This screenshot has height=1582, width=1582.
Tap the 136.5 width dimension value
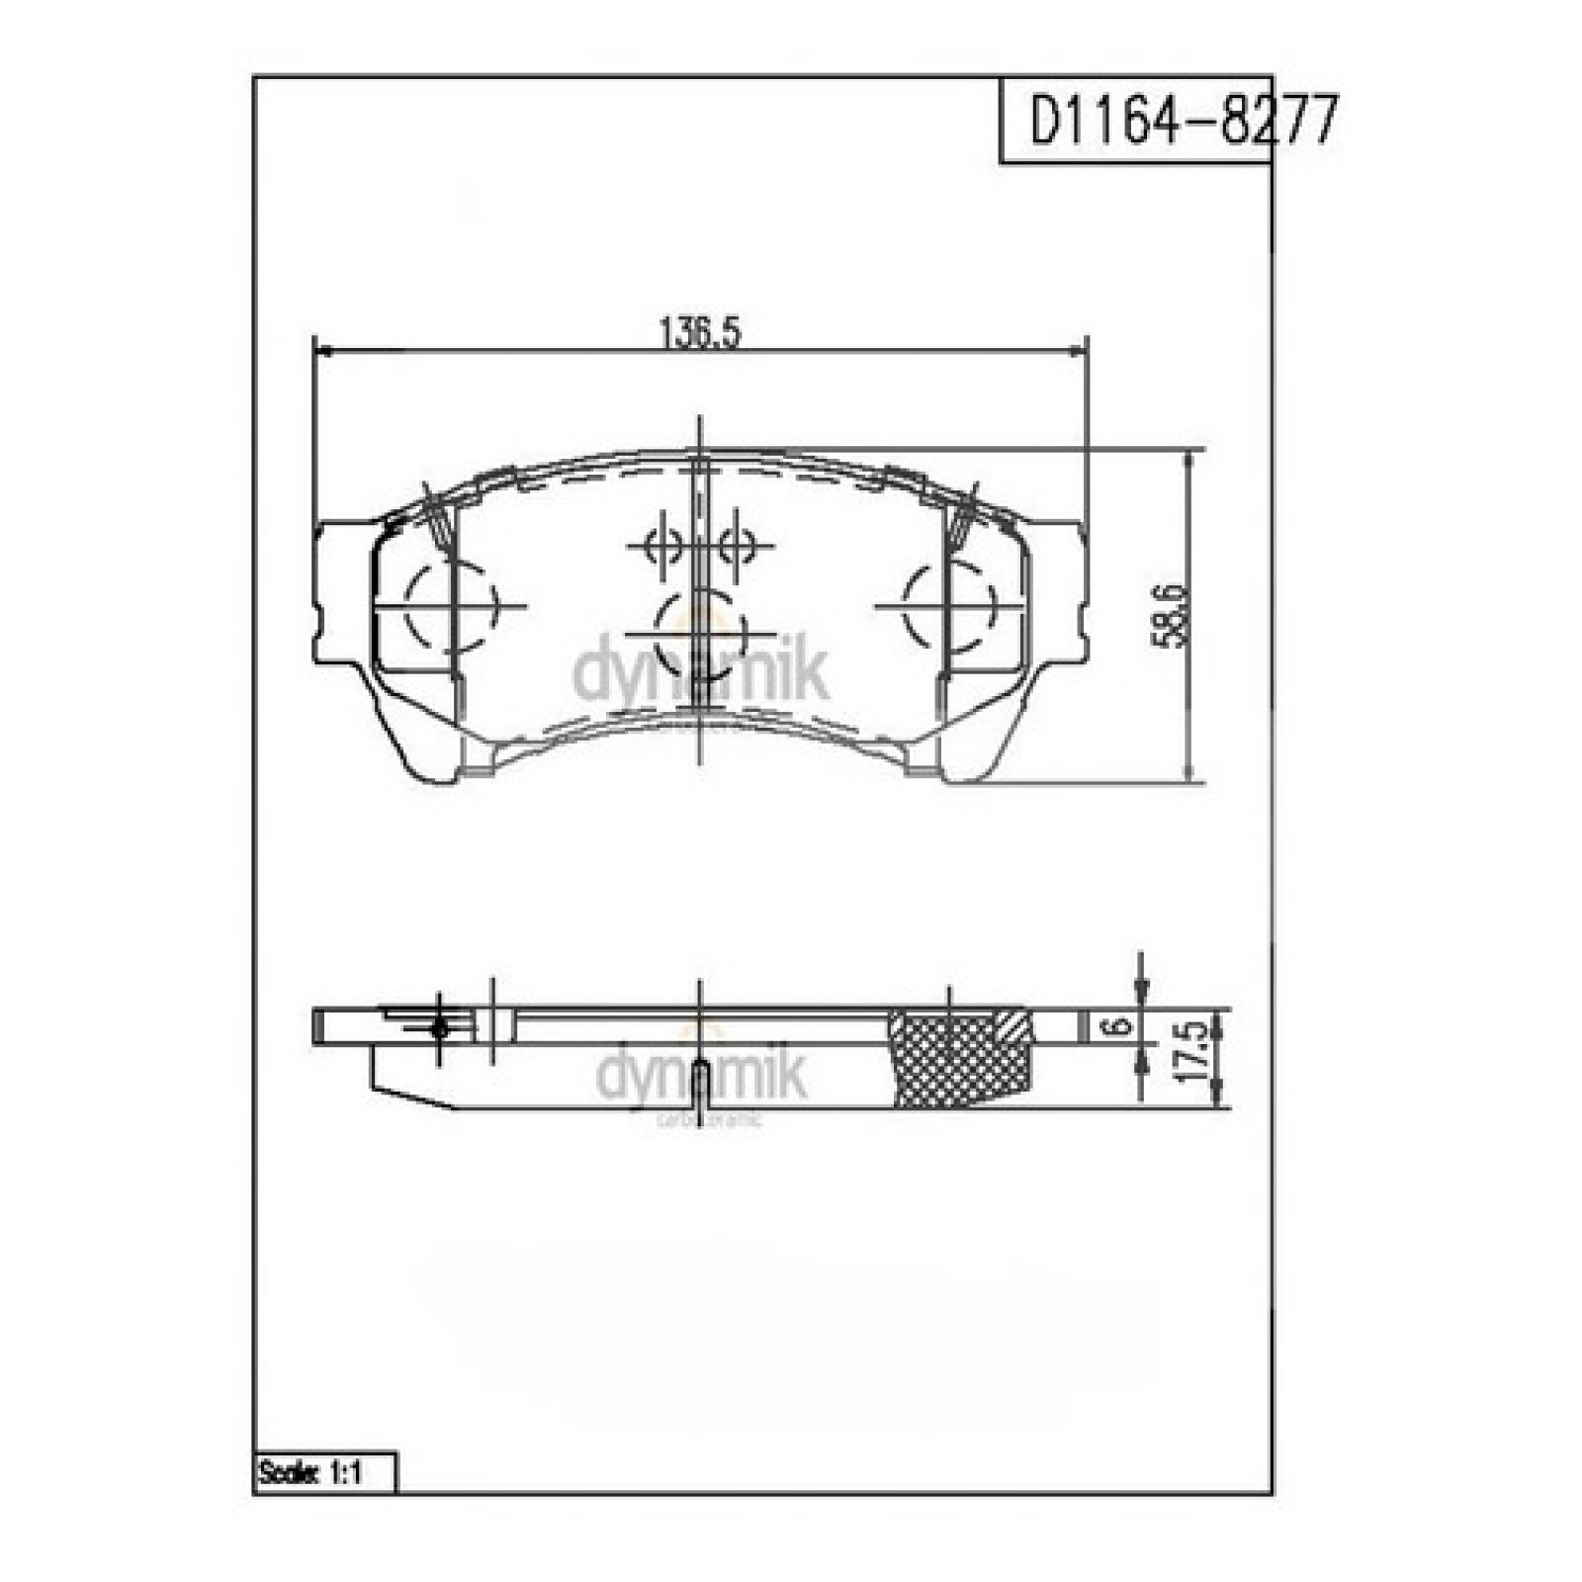[x=699, y=333]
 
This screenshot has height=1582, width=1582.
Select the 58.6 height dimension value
[x=1170, y=615]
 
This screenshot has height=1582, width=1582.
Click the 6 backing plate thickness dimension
[x=1119, y=1026]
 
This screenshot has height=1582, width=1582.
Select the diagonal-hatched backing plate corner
[x=1016, y=1024]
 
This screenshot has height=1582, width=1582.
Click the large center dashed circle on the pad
[x=700, y=633]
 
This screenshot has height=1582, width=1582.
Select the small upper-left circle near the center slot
[x=660, y=544]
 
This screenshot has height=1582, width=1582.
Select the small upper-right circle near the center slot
[x=737, y=544]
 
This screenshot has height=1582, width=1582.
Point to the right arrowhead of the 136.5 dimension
[x=1078, y=350]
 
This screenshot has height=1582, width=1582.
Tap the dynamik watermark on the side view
[x=700, y=1076]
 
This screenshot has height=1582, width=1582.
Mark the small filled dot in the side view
[x=440, y=1029]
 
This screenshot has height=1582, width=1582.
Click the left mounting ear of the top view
[x=341, y=593]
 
